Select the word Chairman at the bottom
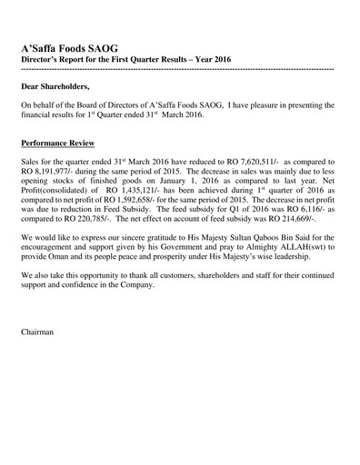click(x=37, y=331)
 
